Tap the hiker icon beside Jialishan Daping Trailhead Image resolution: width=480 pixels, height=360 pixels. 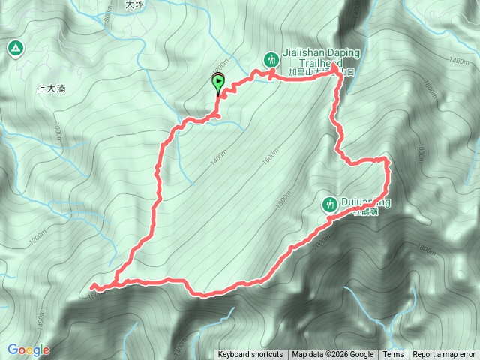(x=271, y=58)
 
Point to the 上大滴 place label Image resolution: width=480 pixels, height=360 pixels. (x=51, y=88)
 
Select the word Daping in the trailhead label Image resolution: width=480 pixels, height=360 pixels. (x=344, y=54)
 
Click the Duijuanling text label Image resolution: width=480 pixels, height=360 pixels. (x=367, y=202)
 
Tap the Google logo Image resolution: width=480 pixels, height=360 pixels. (x=28, y=349)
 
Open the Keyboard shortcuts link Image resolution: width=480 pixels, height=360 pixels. (x=250, y=355)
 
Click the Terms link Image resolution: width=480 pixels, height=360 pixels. (x=393, y=355)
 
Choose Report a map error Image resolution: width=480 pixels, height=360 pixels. (x=444, y=355)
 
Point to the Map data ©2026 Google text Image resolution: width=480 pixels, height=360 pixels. (x=333, y=355)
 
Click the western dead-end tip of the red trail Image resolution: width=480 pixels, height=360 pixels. (x=92, y=286)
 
